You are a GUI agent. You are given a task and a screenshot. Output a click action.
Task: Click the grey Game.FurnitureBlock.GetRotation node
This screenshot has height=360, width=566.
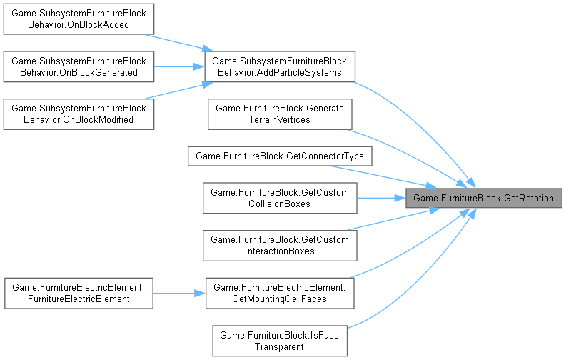484,198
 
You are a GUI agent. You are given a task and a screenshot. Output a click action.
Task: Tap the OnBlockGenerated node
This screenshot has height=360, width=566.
79,66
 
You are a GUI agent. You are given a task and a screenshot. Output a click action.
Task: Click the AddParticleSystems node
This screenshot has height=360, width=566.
279,66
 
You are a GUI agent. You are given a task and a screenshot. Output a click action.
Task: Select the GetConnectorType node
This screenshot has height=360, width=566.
279,156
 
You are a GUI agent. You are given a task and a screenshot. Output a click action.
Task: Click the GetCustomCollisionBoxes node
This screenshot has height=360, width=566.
279,198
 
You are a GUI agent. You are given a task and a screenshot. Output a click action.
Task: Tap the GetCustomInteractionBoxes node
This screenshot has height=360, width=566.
279,245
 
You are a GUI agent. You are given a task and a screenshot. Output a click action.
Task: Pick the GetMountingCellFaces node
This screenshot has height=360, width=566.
279,292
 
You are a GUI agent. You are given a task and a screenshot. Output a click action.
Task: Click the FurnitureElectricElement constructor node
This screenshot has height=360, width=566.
79,292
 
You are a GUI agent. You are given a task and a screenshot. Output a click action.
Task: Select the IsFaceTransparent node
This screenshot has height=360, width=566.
279,339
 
